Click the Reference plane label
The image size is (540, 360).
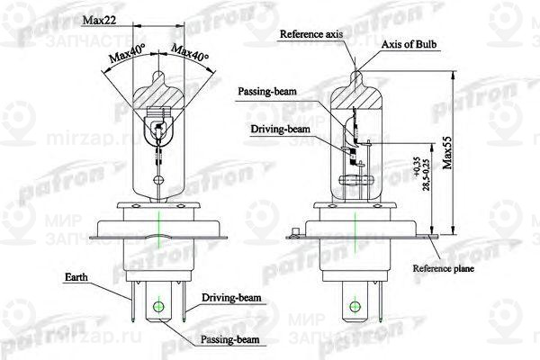pos(443,268)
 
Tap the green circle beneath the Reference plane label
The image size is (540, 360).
pos(361,306)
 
